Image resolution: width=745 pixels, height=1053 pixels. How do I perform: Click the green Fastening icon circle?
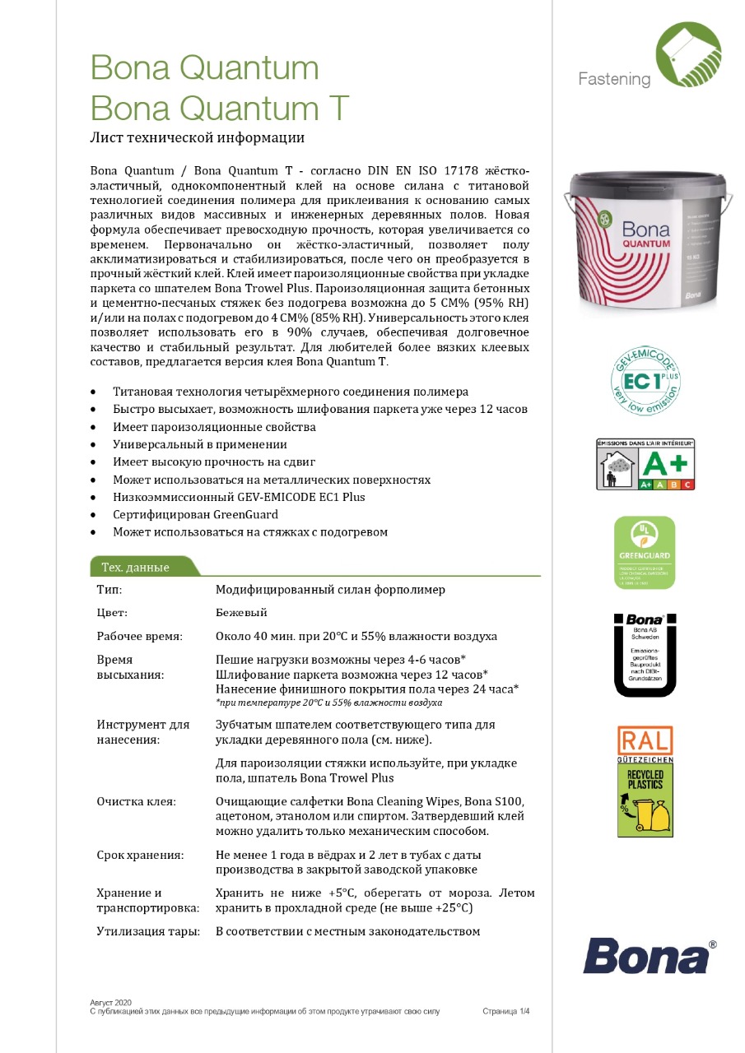click(688, 55)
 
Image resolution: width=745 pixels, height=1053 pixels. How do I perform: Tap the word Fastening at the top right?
click(614, 79)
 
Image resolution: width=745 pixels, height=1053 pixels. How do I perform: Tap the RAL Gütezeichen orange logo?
click(645, 740)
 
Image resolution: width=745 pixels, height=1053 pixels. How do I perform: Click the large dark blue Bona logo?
click(645, 956)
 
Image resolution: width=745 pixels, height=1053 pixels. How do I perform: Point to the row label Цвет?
click(112, 613)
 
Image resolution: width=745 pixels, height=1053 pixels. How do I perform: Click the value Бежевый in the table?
click(241, 613)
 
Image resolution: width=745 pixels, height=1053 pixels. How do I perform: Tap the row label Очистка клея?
click(136, 801)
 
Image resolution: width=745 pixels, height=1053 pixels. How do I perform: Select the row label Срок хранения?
click(139, 855)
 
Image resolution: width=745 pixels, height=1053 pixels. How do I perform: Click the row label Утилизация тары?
click(148, 931)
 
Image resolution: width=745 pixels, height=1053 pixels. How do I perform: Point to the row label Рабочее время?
click(139, 637)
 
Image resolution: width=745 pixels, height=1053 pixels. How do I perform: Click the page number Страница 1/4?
click(505, 1011)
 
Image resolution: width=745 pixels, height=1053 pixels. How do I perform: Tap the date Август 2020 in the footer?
click(110, 1002)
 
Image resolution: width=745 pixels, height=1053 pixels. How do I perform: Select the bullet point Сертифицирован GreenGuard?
click(195, 514)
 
